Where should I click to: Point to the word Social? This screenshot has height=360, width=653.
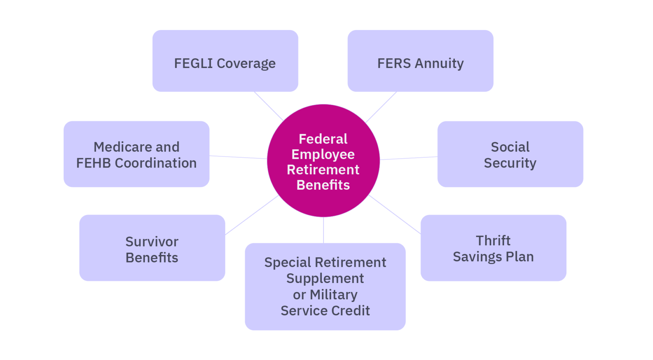[510, 147]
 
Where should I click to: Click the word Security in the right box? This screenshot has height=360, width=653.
[510, 163]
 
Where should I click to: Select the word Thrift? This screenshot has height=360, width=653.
[493, 241]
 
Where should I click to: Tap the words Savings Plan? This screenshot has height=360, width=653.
[493, 257]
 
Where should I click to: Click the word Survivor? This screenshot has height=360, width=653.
[152, 242]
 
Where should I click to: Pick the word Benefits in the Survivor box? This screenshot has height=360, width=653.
[152, 258]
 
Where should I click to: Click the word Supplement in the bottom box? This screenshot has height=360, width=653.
[325, 278]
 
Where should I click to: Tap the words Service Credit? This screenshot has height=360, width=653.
[325, 311]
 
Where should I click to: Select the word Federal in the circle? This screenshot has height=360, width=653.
[323, 139]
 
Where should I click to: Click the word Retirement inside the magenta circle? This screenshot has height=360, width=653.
[323, 170]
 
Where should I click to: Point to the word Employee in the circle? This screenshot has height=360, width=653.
[323, 154]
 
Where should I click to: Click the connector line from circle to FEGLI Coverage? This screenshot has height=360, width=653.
[269, 106]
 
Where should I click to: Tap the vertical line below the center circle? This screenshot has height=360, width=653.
[323, 230]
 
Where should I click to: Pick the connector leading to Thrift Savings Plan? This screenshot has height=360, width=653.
[395, 215]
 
